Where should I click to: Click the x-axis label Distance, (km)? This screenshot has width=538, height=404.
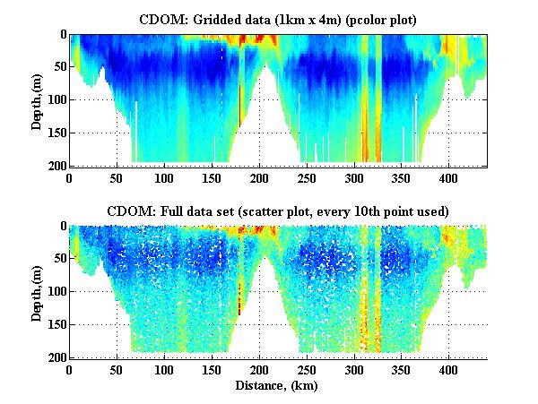pyautogui.click(x=278, y=387)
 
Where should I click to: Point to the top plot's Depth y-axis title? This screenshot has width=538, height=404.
pyautogui.click(x=37, y=99)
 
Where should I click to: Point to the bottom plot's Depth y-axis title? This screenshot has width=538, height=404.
pyautogui.click(x=37, y=291)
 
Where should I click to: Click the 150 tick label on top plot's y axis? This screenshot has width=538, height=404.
pyautogui.click(x=54, y=133)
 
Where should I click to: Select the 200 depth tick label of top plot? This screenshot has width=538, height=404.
pyautogui.click(x=54, y=166)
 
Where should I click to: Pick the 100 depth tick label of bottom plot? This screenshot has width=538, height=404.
pyautogui.click(x=54, y=292)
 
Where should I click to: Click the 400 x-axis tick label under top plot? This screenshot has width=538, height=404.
pyautogui.click(x=373, y=177)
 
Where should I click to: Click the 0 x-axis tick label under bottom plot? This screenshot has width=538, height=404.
pyautogui.click(x=70, y=369)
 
